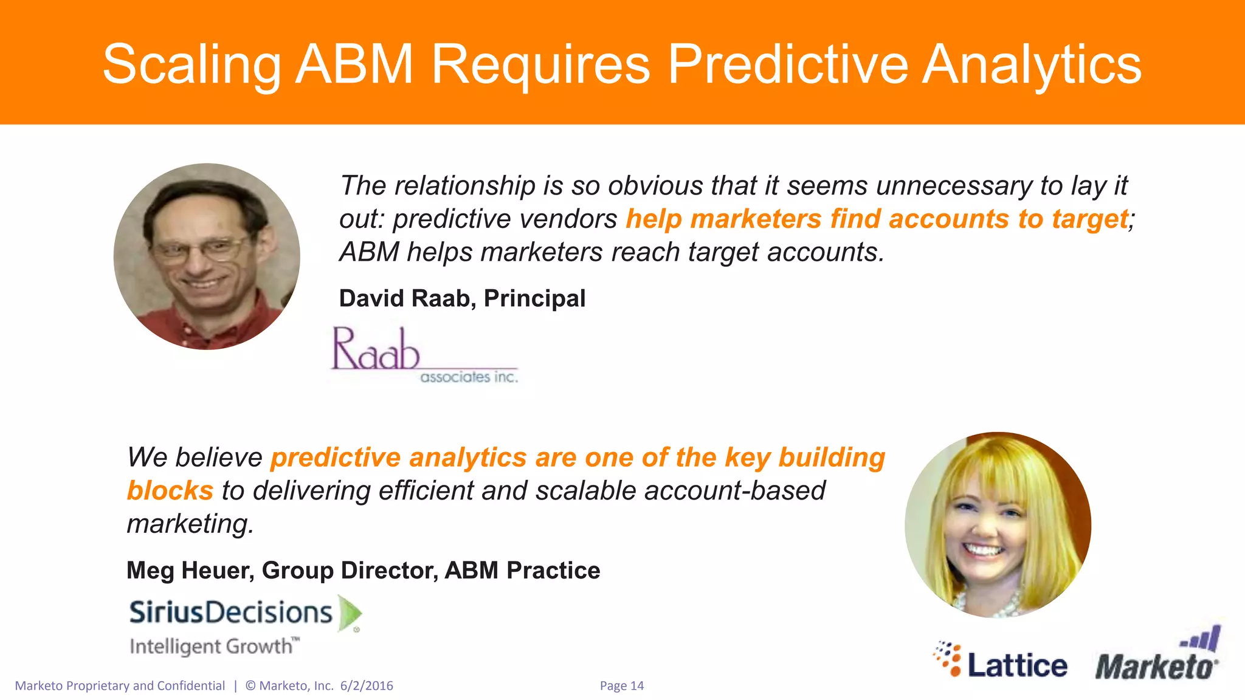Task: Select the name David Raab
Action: (x=404, y=298)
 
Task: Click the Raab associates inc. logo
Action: (x=423, y=355)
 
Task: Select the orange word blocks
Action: (x=170, y=490)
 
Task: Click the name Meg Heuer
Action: (x=190, y=570)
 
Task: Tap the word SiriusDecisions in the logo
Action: (x=231, y=612)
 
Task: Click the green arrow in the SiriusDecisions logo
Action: (x=350, y=612)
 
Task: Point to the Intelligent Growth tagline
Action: (x=214, y=646)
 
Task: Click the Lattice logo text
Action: (x=1017, y=665)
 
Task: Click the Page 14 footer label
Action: (x=621, y=685)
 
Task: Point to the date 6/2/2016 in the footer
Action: (x=367, y=685)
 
